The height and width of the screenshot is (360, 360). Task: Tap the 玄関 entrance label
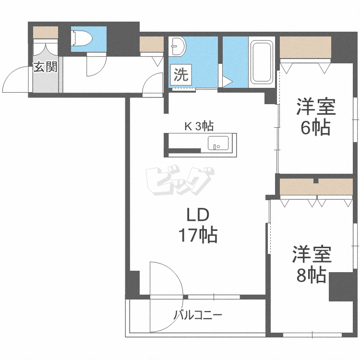pyautogui.click(x=45, y=67)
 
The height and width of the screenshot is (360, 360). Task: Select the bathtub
pyautogui.click(x=261, y=62)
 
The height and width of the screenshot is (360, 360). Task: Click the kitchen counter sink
pyautogui.click(x=218, y=143)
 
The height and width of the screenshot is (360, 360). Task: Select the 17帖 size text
pyautogui.click(x=197, y=235)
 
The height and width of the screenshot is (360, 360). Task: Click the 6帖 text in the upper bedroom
pyautogui.click(x=315, y=128)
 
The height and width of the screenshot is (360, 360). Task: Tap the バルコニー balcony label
pyautogui.click(x=197, y=315)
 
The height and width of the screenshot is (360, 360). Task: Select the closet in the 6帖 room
pyautogui.click(x=305, y=48)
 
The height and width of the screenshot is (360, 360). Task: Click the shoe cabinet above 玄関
pyautogui.click(x=45, y=32)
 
